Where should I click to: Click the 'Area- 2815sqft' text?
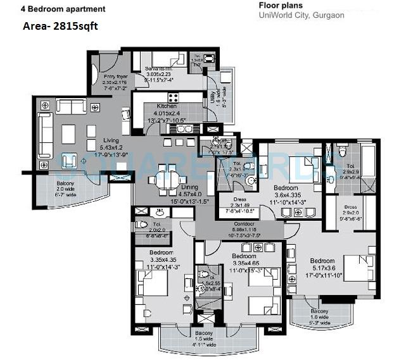[x=60, y=27]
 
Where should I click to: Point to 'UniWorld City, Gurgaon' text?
[x=301, y=15]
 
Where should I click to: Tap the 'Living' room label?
[x=94, y=141]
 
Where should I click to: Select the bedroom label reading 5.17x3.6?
[x=322, y=261]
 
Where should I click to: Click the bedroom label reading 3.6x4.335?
[x=286, y=189]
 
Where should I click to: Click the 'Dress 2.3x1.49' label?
[x=232, y=200]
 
